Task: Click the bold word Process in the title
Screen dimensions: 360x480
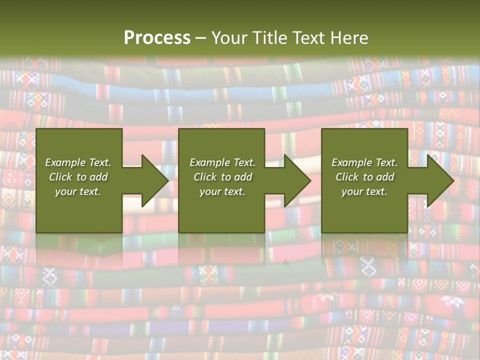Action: coord(157,38)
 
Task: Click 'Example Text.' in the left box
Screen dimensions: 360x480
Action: coord(78,162)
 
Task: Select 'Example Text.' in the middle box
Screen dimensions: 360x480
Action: coord(222,162)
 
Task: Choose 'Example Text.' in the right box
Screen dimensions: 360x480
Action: coord(364,162)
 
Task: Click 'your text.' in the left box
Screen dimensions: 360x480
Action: coord(78,191)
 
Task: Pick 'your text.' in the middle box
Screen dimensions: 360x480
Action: coord(222,191)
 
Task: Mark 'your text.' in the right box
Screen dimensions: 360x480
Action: coord(364,191)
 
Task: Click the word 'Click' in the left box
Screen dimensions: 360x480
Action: coord(60,177)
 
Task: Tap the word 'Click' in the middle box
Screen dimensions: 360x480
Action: coord(205,177)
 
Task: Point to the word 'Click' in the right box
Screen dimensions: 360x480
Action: coord(347,177)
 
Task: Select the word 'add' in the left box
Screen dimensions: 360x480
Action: coord(98,177)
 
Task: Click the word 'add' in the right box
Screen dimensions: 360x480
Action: coord(385,177)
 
